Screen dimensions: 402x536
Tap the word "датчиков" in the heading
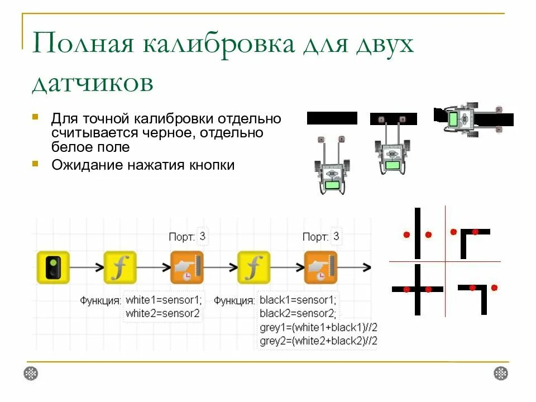coord(92,83)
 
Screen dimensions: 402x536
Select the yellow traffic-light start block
coord(53,267)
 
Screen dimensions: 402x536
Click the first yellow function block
coord(120,267)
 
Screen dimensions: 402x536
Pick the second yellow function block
coord(253,267)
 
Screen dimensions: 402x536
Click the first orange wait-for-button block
coord(187,267)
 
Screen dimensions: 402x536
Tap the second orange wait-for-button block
coord(320,267)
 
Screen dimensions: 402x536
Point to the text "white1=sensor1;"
coord(164,300)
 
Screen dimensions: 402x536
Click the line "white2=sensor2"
coord(162,313)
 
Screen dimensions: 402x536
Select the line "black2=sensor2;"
coord(296,313)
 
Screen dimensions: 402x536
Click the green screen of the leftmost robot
coord(333,185)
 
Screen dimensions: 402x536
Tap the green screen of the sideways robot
coord(453,119)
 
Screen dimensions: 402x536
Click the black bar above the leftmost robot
coord(332,118)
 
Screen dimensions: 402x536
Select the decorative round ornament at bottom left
coord(31,373)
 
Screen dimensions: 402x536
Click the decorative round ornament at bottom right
coord(501,373)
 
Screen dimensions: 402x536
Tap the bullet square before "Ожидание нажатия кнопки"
coord(35,164)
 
